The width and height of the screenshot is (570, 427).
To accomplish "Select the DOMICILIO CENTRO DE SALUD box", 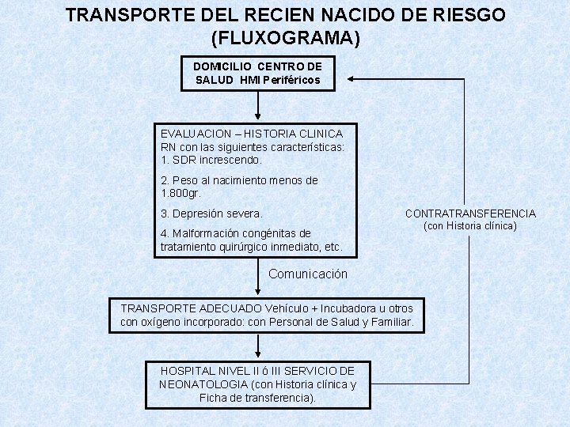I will [x=258, y=74].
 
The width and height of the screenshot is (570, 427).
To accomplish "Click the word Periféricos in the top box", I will [x=291, y=81].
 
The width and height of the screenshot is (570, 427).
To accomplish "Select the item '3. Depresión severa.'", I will [x=211, y=213].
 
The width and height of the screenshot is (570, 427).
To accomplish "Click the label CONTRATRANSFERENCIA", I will [x=470, y=213].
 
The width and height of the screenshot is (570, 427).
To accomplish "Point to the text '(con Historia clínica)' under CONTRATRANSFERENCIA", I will [x=470, y=226].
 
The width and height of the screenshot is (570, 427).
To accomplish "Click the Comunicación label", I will [x=308, y=274].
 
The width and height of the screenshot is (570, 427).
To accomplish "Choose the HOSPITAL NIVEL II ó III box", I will [x=258, y=384].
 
